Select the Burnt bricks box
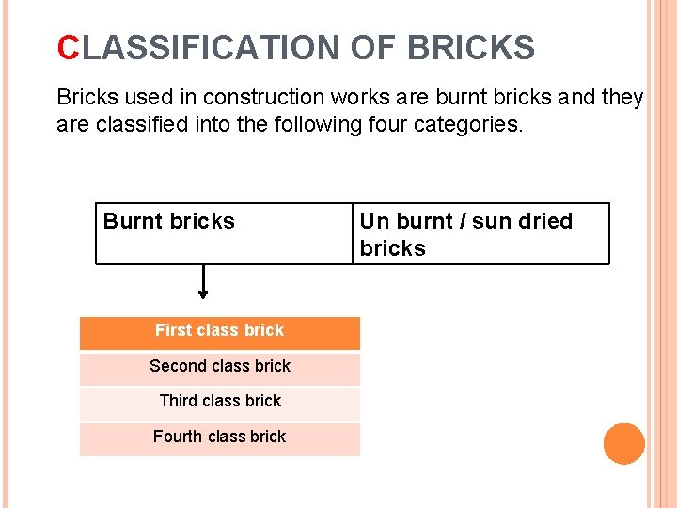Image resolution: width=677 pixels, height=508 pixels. pos(224,233)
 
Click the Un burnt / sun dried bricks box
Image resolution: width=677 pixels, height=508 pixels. pos(480,233)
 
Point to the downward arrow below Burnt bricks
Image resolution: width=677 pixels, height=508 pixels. pos(203,282)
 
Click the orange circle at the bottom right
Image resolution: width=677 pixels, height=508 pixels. pos(623,443)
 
